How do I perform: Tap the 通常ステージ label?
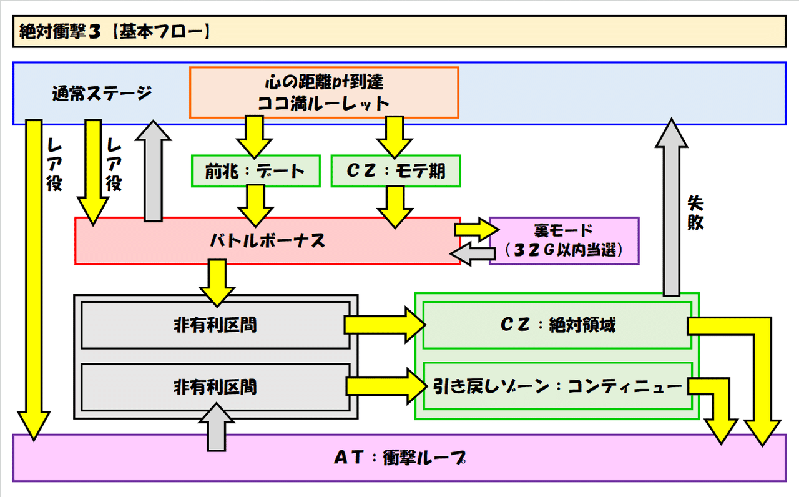(102, 94)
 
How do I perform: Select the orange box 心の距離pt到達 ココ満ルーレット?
(324, 92)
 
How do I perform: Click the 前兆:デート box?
(255, 170)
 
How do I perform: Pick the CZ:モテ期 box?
(395, 170)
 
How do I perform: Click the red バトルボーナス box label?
(267, 241)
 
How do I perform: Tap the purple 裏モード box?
(564, 241)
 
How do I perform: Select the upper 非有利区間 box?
(215, 325)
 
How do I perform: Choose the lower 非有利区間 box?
(215, 386)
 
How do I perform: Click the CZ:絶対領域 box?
(557, 325)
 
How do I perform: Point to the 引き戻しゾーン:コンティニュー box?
(557, 386)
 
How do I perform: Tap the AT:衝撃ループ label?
(399, 458)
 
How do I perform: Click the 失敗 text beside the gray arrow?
(695, 212)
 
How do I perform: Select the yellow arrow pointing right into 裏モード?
(474, 229)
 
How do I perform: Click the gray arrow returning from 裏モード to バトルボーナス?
(469, 253)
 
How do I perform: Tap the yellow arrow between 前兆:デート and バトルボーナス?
(255, 205)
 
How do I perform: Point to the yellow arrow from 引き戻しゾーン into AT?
(718, 412)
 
